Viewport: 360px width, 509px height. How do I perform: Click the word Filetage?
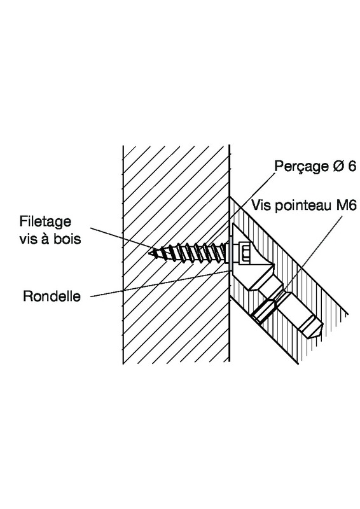[45, 222]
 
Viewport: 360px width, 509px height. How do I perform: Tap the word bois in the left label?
[68, 239]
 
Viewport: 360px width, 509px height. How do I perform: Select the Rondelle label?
[52, 296]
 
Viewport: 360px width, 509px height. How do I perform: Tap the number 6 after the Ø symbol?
[352, 166]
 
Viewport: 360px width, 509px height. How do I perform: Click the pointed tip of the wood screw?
[149, 253]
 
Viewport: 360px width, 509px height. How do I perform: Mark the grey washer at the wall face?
[230, 254]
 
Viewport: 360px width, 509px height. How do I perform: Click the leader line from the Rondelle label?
[159, 284]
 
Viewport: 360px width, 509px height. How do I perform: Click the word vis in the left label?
[27, 239]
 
